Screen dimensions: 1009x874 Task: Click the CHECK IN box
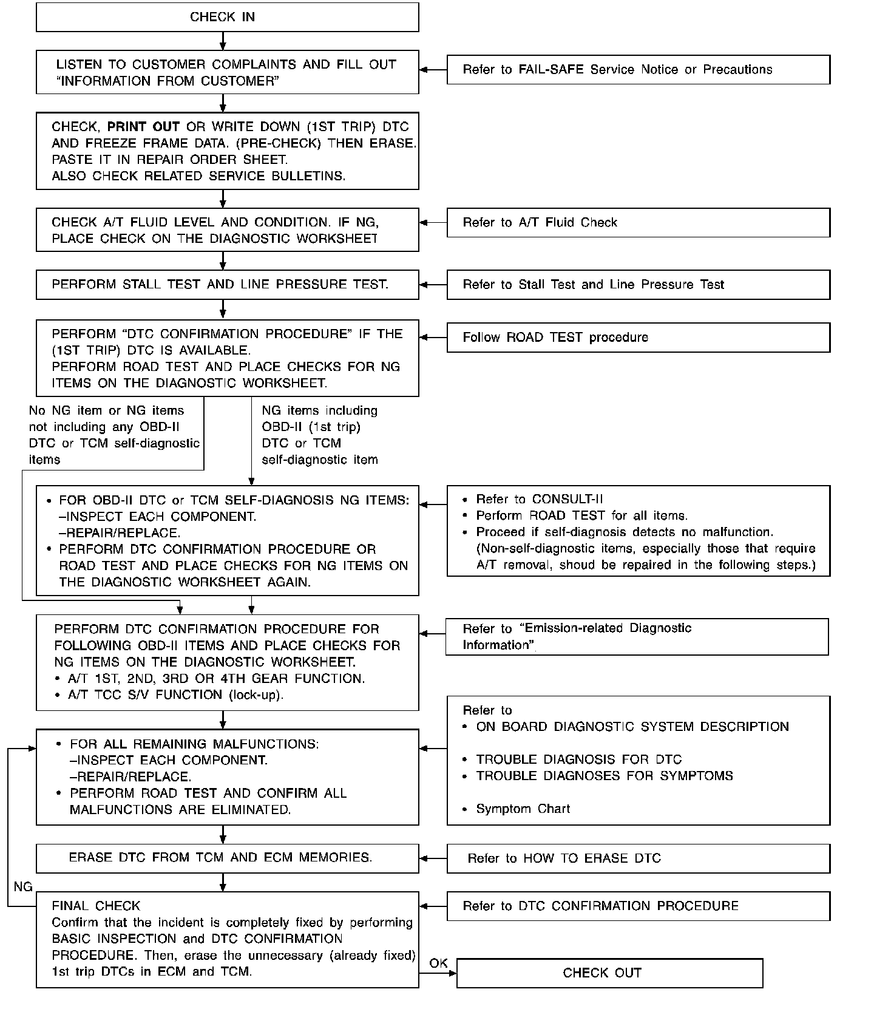tap(227, 17)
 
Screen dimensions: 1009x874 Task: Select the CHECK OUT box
tap(609, 973)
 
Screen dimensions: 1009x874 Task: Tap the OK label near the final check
tap(438, 963)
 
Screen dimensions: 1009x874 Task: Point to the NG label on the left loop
tap(23, 887)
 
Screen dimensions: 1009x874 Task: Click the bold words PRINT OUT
tap(143, 127)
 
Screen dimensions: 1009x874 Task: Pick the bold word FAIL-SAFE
tap(552, 70)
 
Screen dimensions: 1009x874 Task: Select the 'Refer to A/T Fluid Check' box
tap(638, 223)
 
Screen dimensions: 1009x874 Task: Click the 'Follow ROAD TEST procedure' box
tap(638, 338)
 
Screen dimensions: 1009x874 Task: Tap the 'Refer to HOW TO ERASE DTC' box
tap(638, 858)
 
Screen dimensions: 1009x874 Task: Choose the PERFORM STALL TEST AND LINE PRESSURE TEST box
tap(227, 285)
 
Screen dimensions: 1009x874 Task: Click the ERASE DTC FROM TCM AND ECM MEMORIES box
tap(227, 858)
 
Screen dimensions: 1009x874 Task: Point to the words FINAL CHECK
tap(96, 906)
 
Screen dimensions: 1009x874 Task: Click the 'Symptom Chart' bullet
tap(523, 809)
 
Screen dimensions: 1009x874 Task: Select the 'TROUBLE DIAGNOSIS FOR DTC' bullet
tap(578, 760)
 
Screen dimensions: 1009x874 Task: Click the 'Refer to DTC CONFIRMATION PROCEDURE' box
tap(638, 906)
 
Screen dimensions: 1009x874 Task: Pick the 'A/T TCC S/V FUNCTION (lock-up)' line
tap(175, 695)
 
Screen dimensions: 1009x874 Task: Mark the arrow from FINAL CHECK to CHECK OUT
tap(438, 973)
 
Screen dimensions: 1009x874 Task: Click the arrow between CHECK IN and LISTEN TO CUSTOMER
tap(223, 41)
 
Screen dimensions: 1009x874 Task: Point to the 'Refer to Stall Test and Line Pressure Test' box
tap(638, 285)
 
